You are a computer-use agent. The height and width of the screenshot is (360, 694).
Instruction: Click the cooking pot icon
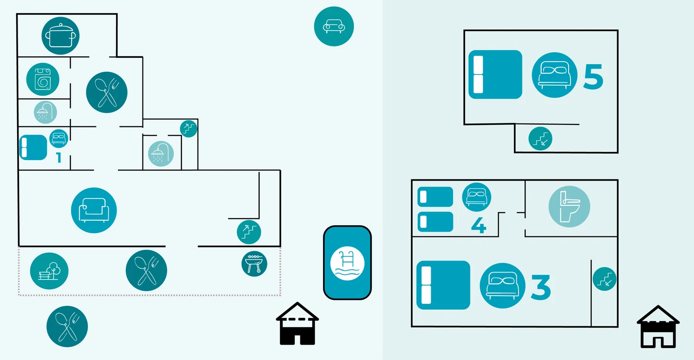click(x=60, y=35)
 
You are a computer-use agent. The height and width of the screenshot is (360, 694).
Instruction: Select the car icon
click(x=334, y=26)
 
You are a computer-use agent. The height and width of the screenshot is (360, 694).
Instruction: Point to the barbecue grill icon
click(x=254, y=264)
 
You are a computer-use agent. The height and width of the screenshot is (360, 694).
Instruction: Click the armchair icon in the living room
click(x=94, y=210)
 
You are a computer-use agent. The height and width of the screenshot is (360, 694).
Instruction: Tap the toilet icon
click(x=569, y=206)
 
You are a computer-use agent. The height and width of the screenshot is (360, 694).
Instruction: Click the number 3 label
click(x=540, y=287)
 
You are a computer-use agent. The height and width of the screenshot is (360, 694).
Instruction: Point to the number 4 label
click(x=478, y=225)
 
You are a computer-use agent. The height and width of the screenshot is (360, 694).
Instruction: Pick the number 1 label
click(x=58, y=158)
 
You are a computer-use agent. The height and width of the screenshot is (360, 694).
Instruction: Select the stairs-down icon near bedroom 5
click(x=540, y=138)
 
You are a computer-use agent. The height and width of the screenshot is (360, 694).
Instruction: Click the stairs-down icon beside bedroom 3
click(x=604, y=279)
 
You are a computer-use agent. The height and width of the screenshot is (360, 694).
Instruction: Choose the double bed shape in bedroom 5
click(x=495, y=74)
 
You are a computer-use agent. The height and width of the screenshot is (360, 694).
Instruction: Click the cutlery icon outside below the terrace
click(x=67, y=326)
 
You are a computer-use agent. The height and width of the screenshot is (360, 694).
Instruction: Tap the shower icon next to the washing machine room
click(x=46, y=112)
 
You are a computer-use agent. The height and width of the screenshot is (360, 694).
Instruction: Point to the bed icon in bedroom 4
click(x=477, y=197)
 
